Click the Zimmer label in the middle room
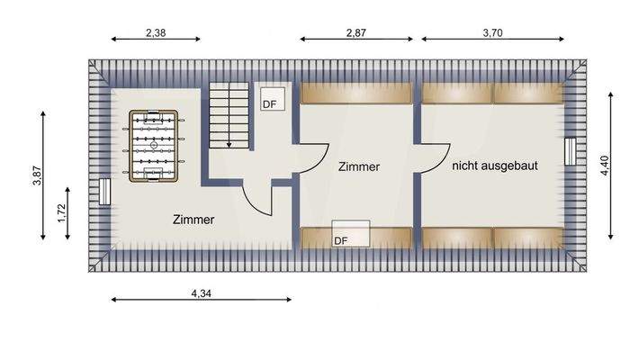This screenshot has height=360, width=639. (359, 167)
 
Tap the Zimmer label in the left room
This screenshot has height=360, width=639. (193, 219)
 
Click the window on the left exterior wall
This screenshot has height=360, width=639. (104, 192)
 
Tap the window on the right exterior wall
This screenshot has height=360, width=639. (569, 150)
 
